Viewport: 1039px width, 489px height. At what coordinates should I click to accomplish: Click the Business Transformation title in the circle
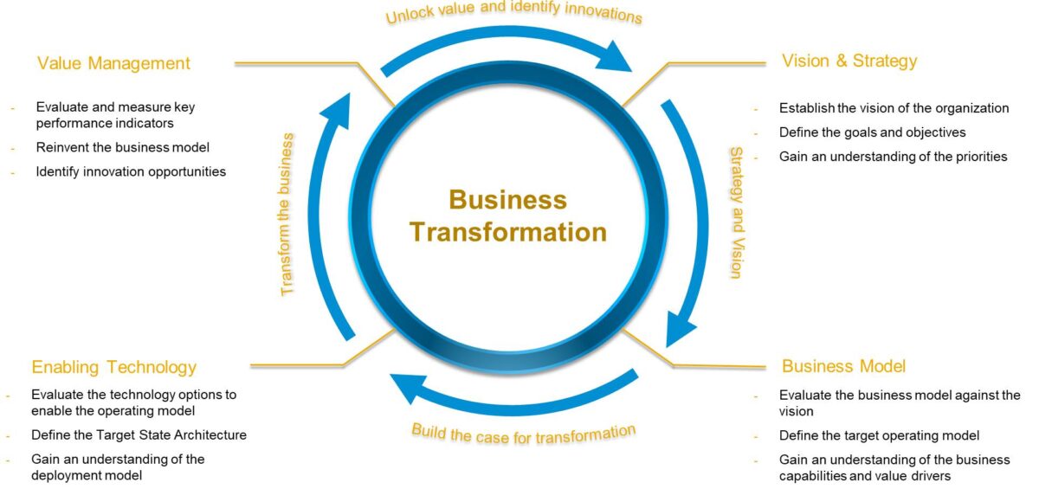click(x=507, y=216)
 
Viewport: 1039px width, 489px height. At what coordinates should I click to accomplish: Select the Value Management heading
click(x=113, y=63)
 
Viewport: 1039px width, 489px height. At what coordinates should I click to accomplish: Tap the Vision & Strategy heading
click(x=849, y=61)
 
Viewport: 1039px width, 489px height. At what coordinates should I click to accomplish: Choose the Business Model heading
click(x=843, y=366)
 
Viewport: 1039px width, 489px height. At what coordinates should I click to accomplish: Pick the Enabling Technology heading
click(x=113, y=367)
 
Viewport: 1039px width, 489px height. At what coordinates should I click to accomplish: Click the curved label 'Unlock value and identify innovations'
click(x=514, y=15)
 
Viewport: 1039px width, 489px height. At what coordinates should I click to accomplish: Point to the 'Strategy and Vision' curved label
click(x=734, y=212)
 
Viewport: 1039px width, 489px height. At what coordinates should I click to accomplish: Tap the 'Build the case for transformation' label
click(x=523, y=432)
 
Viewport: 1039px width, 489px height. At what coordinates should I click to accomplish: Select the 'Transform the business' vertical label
click(x=288, y=214)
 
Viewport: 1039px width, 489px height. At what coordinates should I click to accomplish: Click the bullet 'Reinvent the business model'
click(x=123, y=147)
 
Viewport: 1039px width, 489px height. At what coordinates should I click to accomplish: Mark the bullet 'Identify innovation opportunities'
click(x=131, y=171)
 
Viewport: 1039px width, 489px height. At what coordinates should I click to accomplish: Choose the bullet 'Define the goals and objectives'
click(x=872, y=132)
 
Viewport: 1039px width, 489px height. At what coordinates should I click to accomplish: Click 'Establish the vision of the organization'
click(x=894, y=108)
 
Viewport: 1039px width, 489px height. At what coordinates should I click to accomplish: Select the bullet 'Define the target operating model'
click(x=879, y=435)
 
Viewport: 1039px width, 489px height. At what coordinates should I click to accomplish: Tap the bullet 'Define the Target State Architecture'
click(x=139, y=434)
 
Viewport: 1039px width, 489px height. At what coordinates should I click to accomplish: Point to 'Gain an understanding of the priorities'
click(x=893, y=157)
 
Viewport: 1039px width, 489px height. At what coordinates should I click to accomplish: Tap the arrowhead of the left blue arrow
click(x=338, y=105)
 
